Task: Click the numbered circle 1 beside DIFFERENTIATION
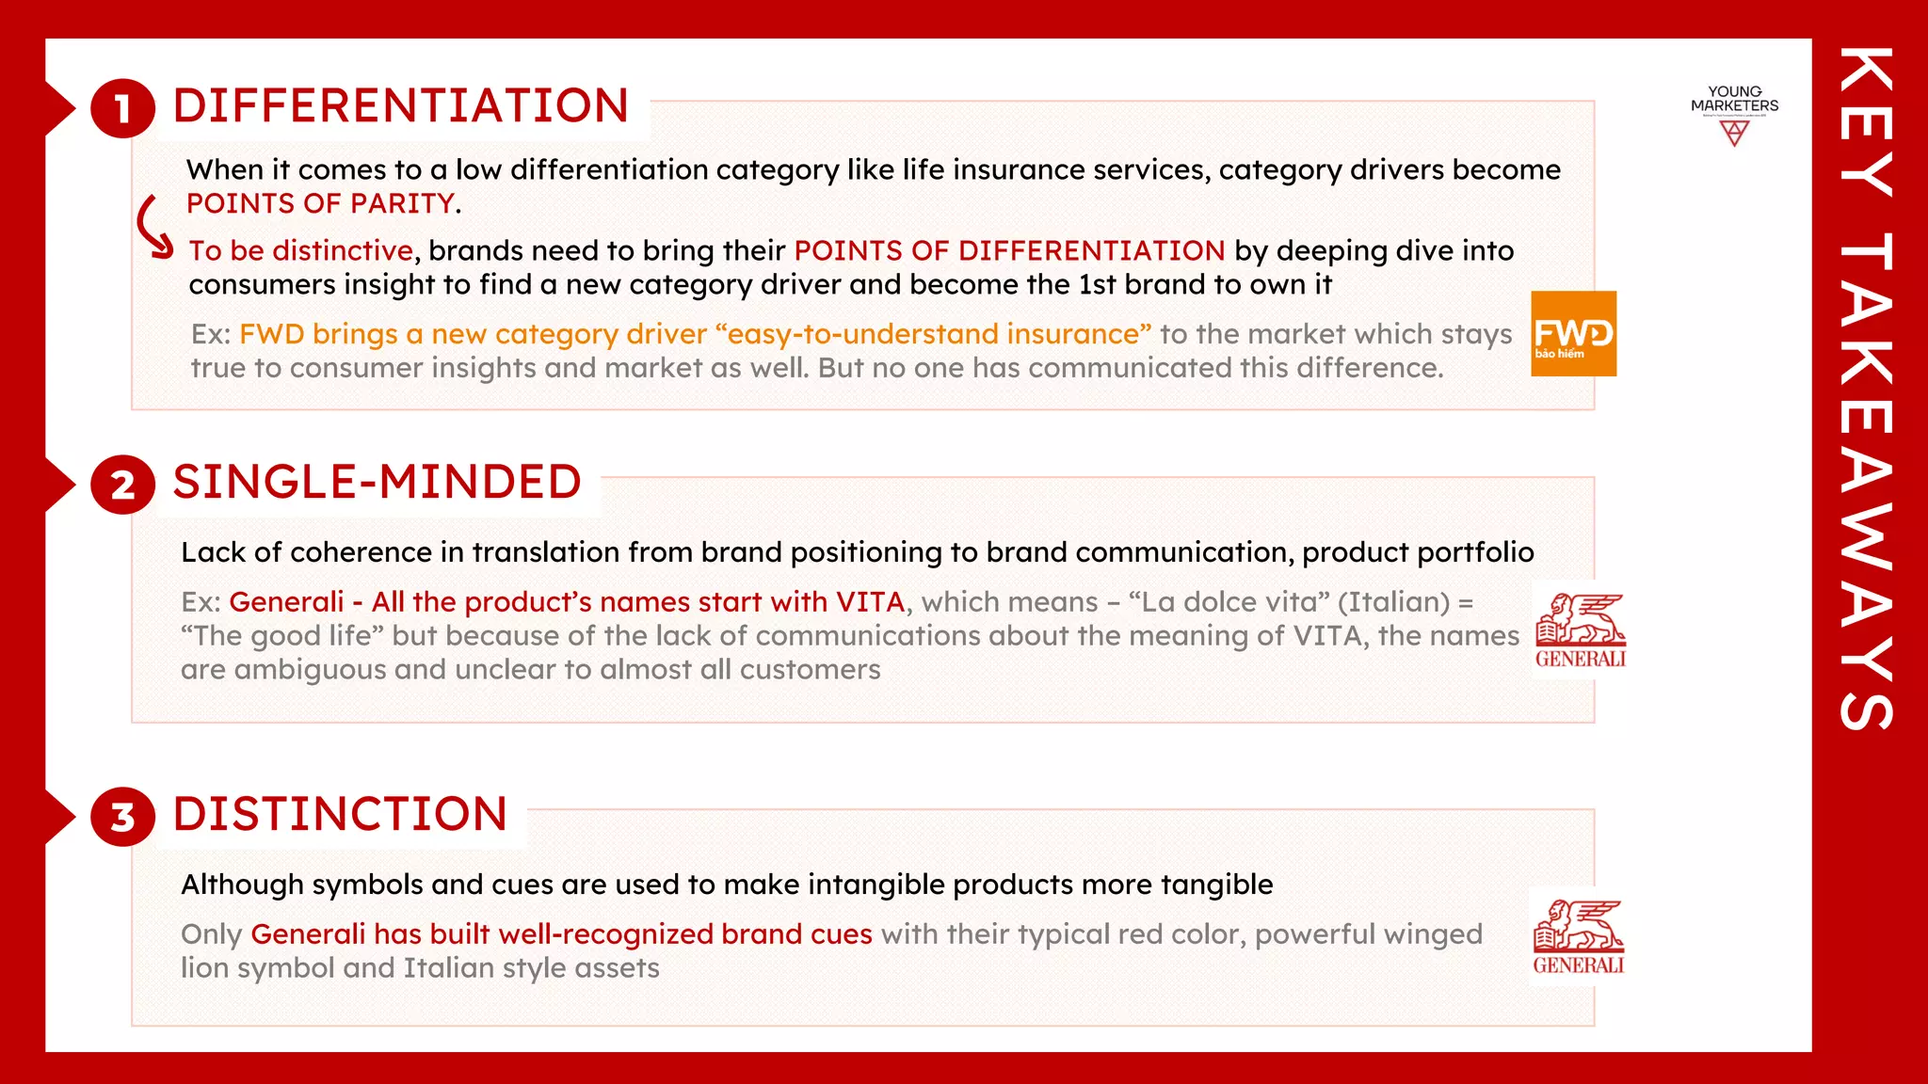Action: (122, 108)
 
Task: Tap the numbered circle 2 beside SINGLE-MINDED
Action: (122, 485)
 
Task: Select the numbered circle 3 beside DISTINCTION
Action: (122, 817)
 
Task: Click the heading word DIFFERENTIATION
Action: (401, 105)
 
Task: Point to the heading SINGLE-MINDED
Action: (377, 482)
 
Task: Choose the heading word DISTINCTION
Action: (340, 814)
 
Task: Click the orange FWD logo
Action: (1573, 334)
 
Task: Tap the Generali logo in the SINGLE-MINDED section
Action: (1580, 630)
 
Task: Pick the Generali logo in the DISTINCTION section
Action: (1579, 937)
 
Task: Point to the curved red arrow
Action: (153, 226)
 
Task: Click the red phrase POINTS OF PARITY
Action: (321, 203)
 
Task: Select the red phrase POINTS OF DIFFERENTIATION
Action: (1009, 250)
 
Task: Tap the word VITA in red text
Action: (870, 602)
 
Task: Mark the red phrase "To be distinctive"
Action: (300, 250)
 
